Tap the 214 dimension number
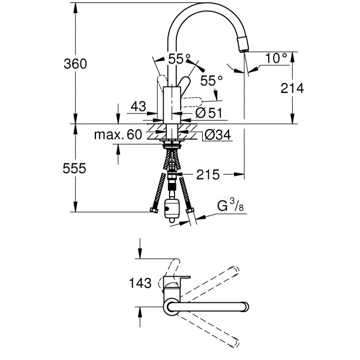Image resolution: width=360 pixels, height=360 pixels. [292, 88]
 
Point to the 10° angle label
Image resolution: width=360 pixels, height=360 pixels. [276, 58]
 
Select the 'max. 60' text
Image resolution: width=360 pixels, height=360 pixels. [118, 136]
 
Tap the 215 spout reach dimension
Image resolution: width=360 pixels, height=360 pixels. [206, 175]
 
